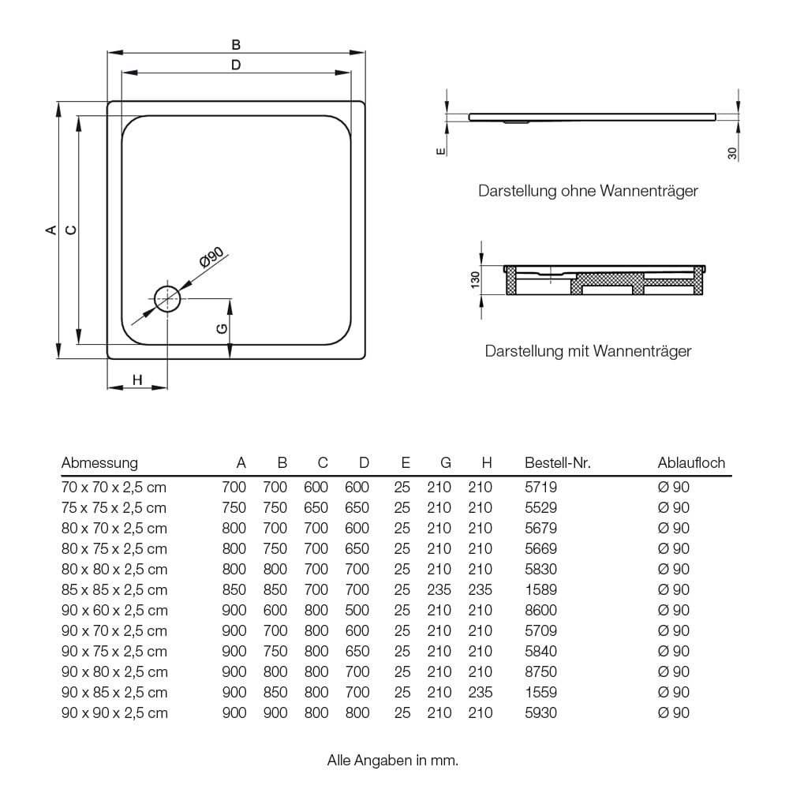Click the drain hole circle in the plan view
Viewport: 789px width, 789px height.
point(167,298)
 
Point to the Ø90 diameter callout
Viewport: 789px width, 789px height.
point(212,259)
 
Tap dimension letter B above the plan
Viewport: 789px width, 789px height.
point(236,45)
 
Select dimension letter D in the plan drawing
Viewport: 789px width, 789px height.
point(236,65)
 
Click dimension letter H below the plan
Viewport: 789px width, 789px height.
point(137,380)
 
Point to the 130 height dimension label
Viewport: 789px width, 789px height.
point(475,279)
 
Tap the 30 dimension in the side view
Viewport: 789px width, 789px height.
point(732,154)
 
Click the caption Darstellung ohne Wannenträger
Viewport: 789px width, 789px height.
point(588,191)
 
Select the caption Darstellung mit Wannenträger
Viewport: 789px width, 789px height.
point(588,351)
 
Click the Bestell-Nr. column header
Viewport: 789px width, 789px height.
point(557,463)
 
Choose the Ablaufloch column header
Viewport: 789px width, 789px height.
point(691,463)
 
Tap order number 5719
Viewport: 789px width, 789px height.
point(540,488)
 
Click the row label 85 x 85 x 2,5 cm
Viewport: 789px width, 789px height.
point(114,590)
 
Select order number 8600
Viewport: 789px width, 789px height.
point(540,611)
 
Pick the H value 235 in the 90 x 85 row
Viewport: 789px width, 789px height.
point(480,693)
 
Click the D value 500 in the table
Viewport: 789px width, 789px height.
point(357,611)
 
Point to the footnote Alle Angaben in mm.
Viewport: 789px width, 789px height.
point(393,761)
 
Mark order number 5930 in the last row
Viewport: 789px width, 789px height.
point(540,713)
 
